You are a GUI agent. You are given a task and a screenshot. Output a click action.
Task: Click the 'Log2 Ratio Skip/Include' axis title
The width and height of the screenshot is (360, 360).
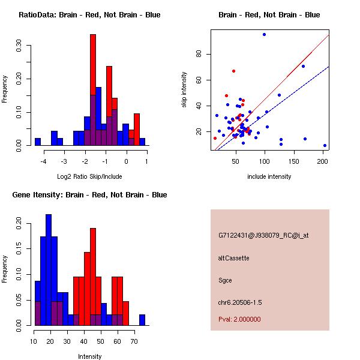click(x=90, y=177)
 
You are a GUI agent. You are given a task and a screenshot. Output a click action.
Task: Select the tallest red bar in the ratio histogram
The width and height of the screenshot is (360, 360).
click(x=93, y=90)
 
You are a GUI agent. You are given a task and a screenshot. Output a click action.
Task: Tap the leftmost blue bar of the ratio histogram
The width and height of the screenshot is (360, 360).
click(x=38, y=142)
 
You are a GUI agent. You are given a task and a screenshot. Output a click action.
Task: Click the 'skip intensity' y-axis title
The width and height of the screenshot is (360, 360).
click(x=185, y=90)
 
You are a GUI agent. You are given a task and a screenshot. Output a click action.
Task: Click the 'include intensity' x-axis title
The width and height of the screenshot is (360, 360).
click(x=269, y=177)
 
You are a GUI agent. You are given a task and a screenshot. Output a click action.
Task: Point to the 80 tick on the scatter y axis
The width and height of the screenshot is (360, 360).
click(x=195, y=54)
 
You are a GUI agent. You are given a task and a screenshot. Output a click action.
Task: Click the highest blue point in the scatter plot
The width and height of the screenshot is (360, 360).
click(x=264, y=34)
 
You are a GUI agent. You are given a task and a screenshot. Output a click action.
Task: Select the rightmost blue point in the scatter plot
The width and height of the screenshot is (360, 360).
click(x=325, y=145)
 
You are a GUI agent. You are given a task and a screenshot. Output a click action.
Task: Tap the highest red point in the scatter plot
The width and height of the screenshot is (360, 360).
click(x=233, y=71)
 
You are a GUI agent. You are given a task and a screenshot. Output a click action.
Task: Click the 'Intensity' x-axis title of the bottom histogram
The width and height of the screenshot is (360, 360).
click(x=90, y=356)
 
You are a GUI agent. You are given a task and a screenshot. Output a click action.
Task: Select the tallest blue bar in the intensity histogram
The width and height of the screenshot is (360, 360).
click(x=49, y=270)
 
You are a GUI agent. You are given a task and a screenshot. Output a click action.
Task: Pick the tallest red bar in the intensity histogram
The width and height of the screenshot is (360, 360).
click(x=93, y=277)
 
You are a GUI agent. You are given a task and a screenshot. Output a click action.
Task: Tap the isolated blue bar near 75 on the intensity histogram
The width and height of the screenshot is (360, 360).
click(x=142, y=320)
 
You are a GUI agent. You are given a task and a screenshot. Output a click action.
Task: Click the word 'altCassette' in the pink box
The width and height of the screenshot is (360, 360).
click(x=233, y=258)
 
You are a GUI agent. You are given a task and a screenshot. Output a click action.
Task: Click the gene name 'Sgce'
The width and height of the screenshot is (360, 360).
click(x=225, y=280)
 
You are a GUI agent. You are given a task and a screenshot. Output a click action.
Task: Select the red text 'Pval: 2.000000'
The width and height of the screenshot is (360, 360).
click(x=239, y=319)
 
